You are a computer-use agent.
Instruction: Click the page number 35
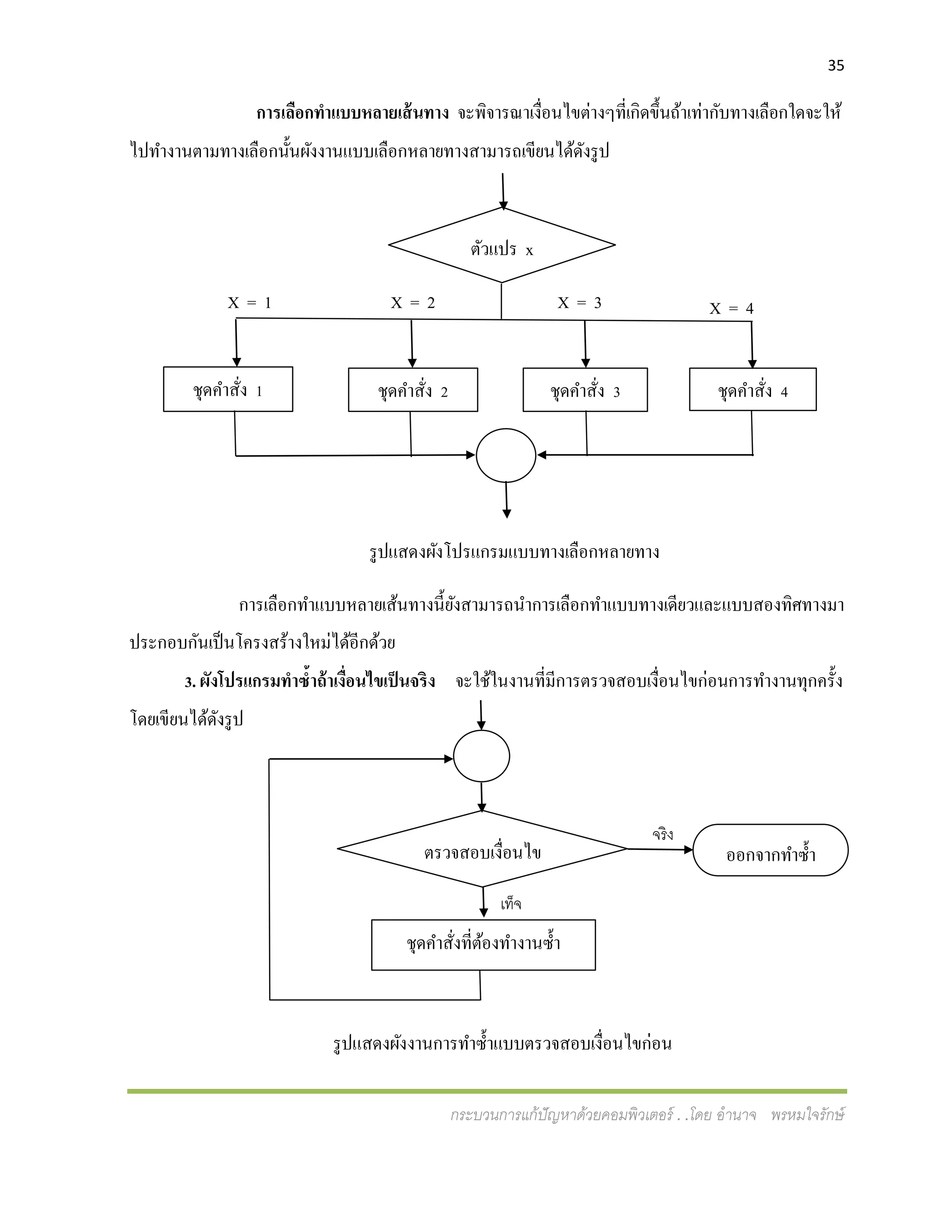coord(836,65)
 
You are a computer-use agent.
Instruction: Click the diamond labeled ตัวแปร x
coord(501,246)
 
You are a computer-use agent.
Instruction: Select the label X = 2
coord(413,303)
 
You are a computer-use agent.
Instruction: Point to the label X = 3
coord(579,303)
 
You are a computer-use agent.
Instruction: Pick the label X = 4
coord(731,308)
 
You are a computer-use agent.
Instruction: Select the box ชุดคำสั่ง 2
coord(413,390)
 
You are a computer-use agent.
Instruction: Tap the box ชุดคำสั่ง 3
coord(585,390)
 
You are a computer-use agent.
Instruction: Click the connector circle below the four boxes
coord(506,455)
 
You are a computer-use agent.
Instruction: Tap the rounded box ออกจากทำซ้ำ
coord(770,850)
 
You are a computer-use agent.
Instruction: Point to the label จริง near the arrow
coord(662,835)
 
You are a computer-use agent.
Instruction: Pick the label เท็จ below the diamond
coord(511,904)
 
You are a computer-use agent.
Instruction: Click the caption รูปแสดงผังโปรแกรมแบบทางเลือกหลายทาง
coord(514,552)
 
